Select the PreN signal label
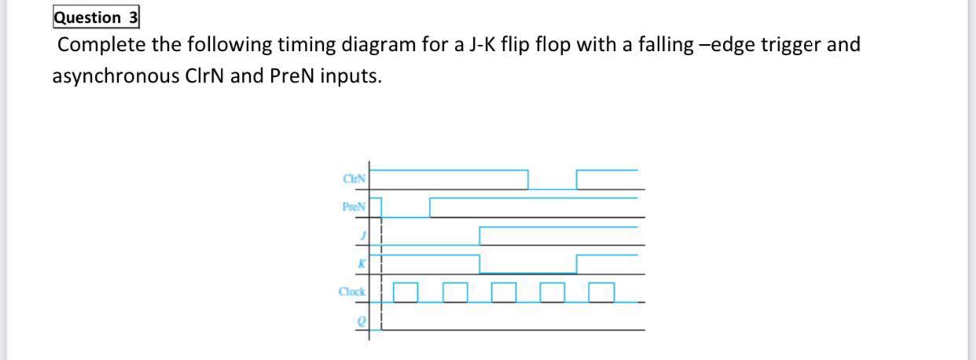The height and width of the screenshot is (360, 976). (353, 207)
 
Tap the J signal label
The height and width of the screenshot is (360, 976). (362, 235)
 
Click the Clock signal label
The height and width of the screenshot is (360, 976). (351, 292)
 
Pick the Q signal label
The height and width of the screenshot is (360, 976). (361, 321)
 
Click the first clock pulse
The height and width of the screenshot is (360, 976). (405, 292)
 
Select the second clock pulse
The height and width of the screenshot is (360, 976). (455, 292)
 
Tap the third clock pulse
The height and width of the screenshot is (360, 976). (504, 292)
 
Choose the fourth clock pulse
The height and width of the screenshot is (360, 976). (552, 292)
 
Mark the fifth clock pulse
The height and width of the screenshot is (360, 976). (601, 292)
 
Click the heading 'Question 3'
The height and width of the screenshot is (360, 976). (96, 17)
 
